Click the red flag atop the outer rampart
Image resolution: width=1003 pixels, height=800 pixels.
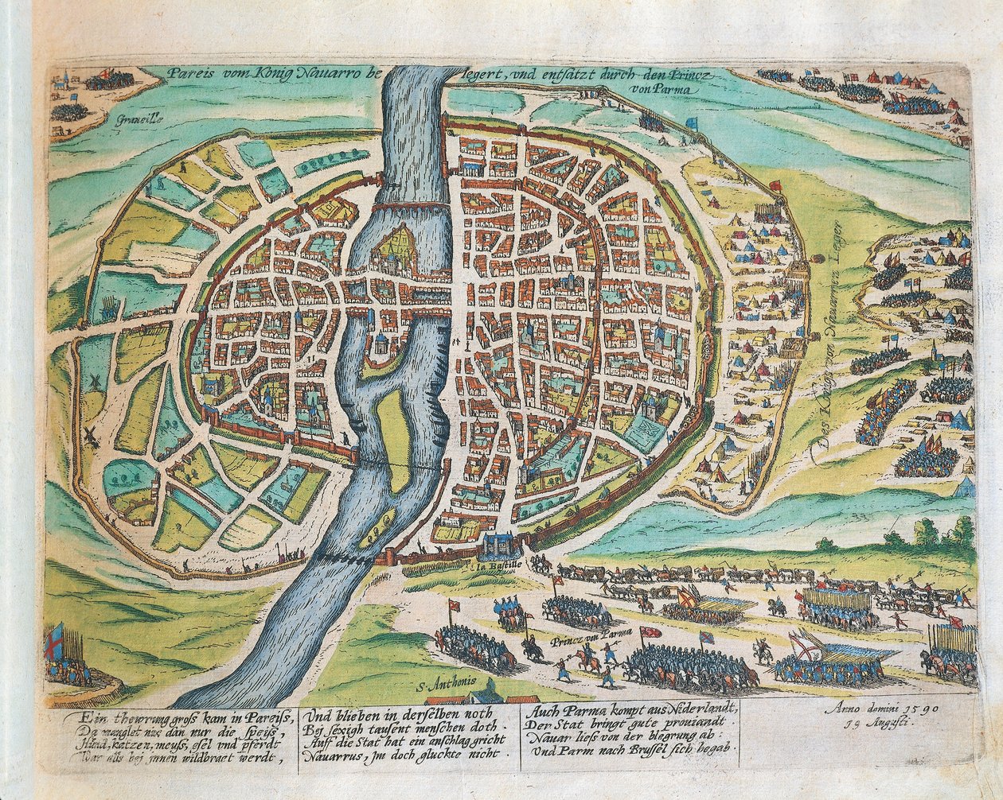click(x=776, y=185)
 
